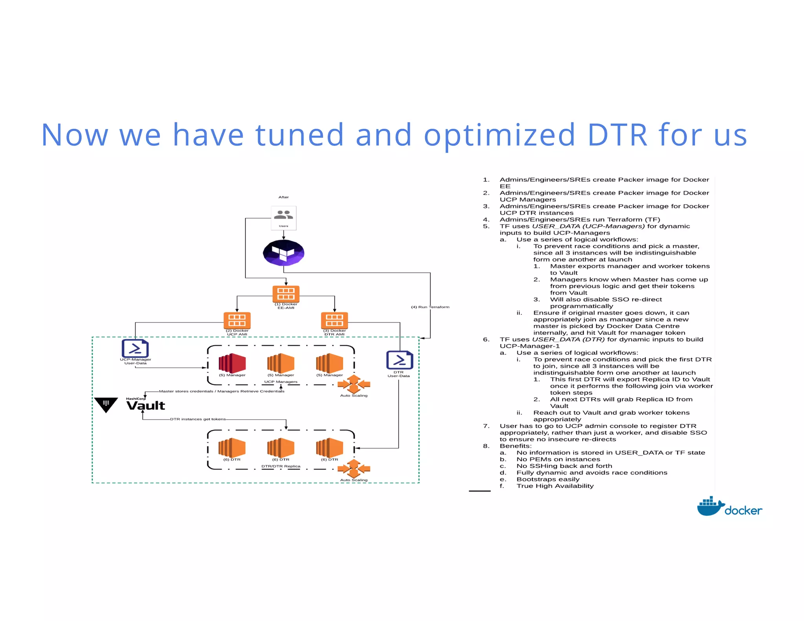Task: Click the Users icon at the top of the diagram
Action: [283, 216]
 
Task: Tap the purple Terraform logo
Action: [283, 252]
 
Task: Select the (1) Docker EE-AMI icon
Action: [286, 294]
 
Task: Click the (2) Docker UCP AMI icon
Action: [237, 320]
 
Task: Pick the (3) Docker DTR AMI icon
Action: [334, 320]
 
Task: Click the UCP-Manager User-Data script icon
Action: [135, 348]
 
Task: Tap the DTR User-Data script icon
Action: [399, 360]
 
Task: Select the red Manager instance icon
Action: [232, 363]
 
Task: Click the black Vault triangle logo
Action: [106, 404]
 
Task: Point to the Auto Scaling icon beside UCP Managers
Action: [354, 384]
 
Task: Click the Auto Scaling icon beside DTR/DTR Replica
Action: [354, 468]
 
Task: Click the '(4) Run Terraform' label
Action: [430, 307]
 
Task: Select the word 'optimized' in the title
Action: [499, 135]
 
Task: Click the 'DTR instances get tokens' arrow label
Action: [198, 419]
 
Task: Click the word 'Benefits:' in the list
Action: [515, 446]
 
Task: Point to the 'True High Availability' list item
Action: [555, 486]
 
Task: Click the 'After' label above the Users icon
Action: [283, 197]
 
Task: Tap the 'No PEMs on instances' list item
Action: [558, 459]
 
